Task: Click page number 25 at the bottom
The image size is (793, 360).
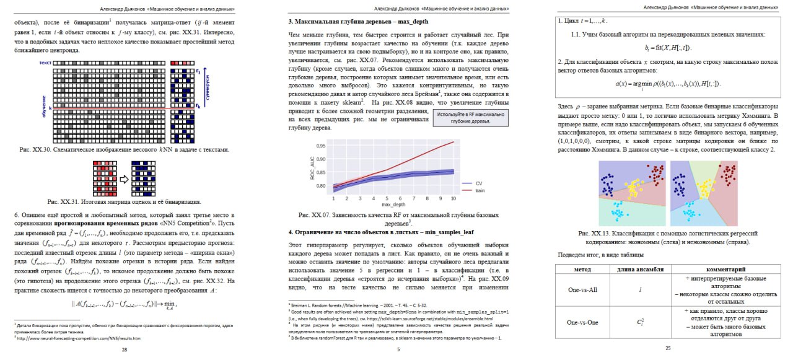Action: tap(668, 348)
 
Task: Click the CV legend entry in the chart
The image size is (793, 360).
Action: tap(478, 183)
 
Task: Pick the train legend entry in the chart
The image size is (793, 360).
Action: tap(480, 190)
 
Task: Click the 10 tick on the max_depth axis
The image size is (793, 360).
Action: tap(453, 198)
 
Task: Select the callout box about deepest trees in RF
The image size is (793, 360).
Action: tap(471, 118)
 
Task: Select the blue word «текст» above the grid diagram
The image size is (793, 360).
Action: tap(43, 63)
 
